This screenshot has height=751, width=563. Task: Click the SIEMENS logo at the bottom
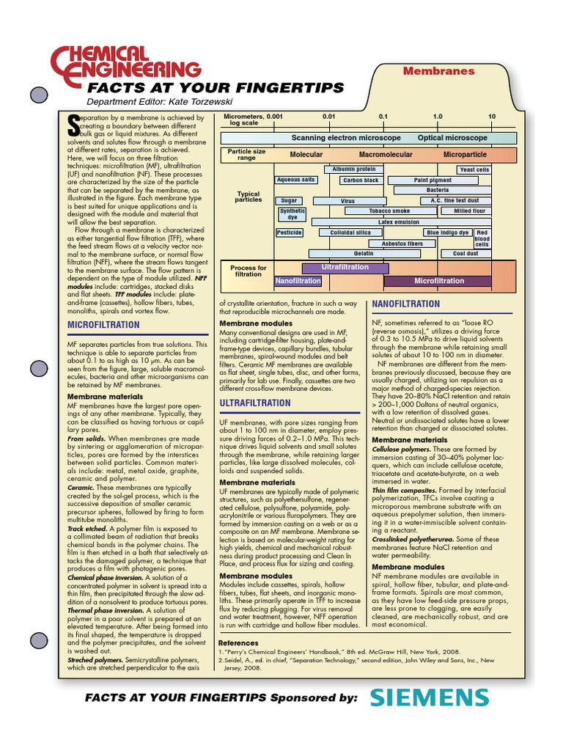[429, 698]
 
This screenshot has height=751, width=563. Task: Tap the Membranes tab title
[439, 71]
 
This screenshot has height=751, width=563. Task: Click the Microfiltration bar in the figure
[439, 281]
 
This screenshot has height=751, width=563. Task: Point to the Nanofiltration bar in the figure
[298, 281]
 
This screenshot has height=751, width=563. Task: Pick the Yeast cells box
[474, 169]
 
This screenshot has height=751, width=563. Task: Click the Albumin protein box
[353, 169]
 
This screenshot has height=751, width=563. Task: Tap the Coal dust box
[466, 254]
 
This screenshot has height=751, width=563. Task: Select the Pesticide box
[289, 232]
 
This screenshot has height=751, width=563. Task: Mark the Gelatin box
[364, 254]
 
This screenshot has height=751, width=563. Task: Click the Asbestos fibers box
[402, 243]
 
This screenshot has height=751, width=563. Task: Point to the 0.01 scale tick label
[328, 117]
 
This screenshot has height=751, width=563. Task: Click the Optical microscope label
[452, 138]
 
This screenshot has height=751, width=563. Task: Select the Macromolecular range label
[386, 155]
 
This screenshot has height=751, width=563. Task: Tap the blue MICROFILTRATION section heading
[103, 324]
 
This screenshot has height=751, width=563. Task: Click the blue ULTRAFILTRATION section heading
[255, 403]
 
